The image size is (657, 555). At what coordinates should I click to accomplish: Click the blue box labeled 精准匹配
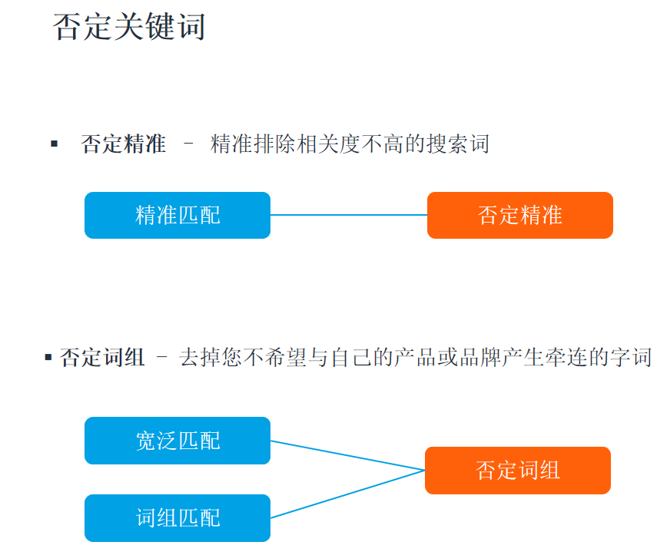click(178, 215)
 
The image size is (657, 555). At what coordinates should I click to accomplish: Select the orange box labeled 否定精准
click(520, 215)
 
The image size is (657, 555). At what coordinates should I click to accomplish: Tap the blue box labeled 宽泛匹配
click(178, 441)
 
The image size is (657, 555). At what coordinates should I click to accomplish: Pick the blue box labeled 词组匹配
click(178, 517)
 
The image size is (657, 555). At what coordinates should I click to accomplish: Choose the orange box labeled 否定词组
click(518, 471)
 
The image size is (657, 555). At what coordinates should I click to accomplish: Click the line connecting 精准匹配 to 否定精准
click(349, 215)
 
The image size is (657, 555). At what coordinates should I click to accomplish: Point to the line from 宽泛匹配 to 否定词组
click(347, 455)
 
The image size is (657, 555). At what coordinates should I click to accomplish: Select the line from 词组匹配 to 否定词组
click(347, 494)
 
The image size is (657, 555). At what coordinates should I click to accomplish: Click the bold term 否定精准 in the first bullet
click(124, 144)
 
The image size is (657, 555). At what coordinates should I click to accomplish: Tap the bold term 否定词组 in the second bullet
click(103, 358)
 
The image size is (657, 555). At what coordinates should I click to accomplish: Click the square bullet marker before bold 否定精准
click(55, 144)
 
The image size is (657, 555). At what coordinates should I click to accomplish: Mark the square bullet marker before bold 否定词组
click(48, 357)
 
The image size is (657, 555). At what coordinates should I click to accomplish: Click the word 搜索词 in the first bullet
click(458, 144)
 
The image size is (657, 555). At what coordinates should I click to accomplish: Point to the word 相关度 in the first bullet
click(329, 144)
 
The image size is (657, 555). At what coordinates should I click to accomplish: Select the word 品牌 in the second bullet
click(480, 358)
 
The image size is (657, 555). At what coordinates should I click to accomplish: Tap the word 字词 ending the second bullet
click(631, 358)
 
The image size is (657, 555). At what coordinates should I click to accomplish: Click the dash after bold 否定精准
click(188, 144)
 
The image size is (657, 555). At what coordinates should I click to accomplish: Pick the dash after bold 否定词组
click(161, 357)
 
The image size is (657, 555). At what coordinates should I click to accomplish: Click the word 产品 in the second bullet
click(416, 358)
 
